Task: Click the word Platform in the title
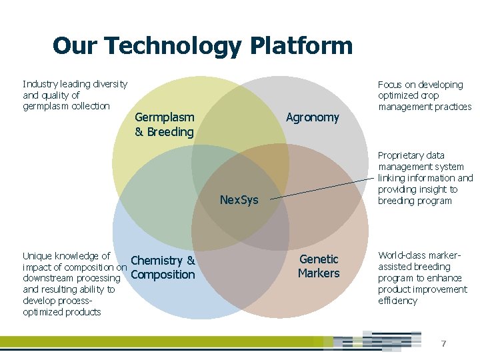301,46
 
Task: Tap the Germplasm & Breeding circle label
164,125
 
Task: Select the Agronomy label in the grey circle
312,118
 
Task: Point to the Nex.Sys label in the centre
239,200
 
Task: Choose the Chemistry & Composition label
163,267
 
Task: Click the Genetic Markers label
319,266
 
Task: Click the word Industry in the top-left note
39,84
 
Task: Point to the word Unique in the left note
37,256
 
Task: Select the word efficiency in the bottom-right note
397,301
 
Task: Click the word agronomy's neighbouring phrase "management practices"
425,107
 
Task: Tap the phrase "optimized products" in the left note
61,312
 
